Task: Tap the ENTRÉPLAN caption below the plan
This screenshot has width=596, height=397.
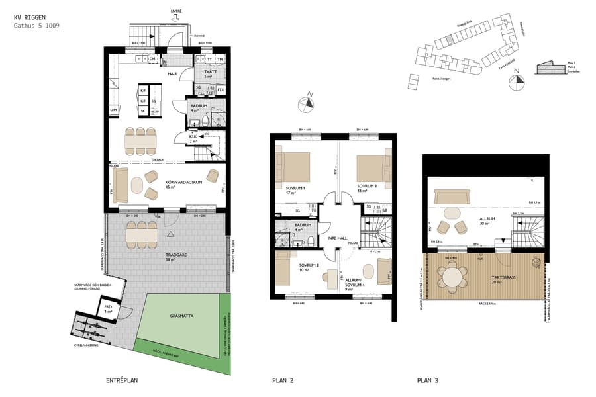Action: click(x=122, y=380)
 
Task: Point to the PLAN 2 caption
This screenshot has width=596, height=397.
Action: click(x=283, y=380)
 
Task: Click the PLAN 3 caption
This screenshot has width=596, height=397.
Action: click(x=428, y=380)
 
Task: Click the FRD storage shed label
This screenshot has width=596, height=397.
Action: click(x=108, y=308)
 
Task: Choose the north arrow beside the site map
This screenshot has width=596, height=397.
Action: click(x=515, y=83)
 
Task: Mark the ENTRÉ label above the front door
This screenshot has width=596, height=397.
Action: click(x=175, y=11)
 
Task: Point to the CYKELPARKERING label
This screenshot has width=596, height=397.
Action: click(x=87, y=345)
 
